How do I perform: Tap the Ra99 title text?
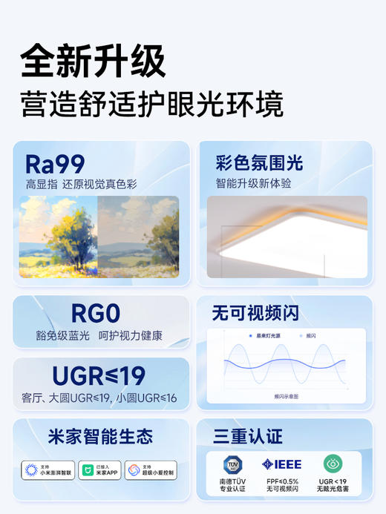56,163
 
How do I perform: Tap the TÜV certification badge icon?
234,464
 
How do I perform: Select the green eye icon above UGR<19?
332,464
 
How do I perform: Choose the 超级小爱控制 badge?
154,469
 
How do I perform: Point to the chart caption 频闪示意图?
286,397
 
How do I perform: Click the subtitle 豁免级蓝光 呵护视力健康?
100,336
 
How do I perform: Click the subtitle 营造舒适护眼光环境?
152,104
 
